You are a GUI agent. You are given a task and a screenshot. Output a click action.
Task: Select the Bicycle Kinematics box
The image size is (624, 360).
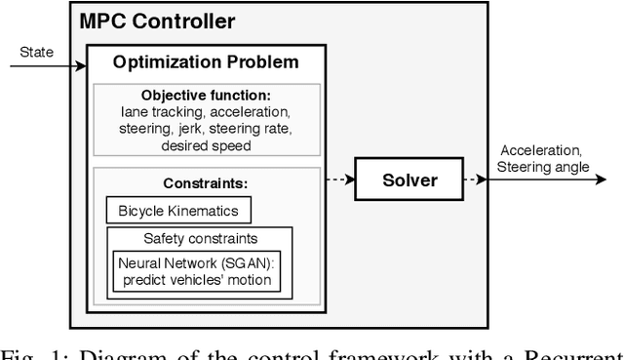click(x=172, y=211)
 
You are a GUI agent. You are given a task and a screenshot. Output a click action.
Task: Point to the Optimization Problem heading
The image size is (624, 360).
click(x=206, y=63)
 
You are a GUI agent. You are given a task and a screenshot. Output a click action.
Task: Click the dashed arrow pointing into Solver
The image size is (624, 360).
click(x=337, y=180)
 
